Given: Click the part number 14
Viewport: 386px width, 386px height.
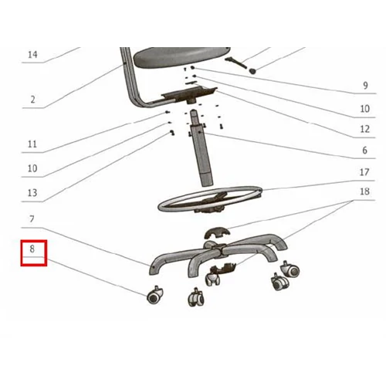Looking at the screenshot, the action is pyautogui.click(x=32, y=55).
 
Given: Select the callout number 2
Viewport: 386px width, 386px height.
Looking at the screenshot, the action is pyautogui.click(x=32, y=100).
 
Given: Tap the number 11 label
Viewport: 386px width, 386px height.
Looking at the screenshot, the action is pyautogui.click(x=32, y=144).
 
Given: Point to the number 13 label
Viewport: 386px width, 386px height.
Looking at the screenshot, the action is pyautogui.click(x=32, y=193).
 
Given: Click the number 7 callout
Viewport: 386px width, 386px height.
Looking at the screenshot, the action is pyautogui.click(x=32, y=219).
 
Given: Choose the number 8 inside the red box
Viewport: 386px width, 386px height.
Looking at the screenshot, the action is pyautogui.click(x=32, y=249).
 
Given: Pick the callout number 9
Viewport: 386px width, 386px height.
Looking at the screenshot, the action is pyautogui.click(x=365, y=86).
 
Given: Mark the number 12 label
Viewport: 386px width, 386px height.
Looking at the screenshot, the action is pyautogui.click(x=364, y=129).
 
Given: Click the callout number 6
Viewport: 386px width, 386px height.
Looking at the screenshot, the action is pyautogui.click(x=364, y=150).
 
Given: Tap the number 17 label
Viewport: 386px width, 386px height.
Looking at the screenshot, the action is pyautogui.click(x=364, y=172).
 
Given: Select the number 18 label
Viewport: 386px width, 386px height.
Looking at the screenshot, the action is pyautogui.click(x=364, y=191).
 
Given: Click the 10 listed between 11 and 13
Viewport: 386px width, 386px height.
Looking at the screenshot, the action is pyautogui.click(x=32, y=168).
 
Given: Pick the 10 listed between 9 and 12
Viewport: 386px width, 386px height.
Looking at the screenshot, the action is pyautogui.click(x=364, y=109).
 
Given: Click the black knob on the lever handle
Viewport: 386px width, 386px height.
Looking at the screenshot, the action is pyautogui.click(x=253, y=70).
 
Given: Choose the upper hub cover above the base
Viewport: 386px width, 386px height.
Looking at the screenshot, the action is pyautogui.click(x=216, y=232).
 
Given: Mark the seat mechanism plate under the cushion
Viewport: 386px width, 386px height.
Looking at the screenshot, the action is pyautogui.click(x=189, y=95).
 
